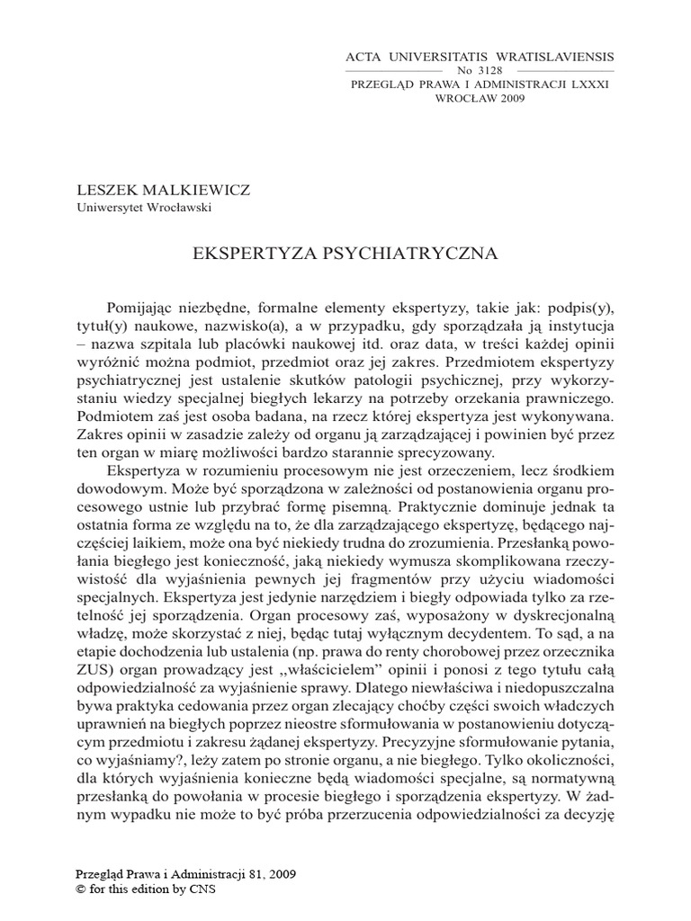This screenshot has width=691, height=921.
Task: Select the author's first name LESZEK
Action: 105,191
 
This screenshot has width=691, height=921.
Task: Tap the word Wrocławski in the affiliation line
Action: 178,206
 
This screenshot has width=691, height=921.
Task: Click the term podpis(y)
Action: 582,306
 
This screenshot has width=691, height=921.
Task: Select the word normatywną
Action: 570,785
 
